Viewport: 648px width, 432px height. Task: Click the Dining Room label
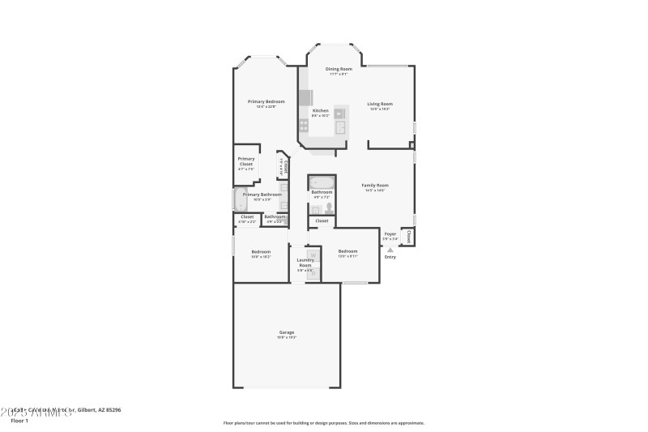point(339,69)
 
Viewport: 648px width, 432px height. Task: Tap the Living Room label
point(380,104)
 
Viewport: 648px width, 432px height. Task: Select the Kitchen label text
point(321,110)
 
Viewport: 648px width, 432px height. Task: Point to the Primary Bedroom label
point(266,101)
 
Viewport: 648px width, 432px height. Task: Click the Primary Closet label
point(246,161)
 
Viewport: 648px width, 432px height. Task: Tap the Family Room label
point(374,186)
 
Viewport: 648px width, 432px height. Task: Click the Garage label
point(287,331)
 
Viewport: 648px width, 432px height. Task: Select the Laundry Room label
point(305,263)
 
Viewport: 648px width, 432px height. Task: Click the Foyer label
point(390,233)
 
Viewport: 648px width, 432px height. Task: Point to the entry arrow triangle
point(390,250)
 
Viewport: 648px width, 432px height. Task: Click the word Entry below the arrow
point(390,257)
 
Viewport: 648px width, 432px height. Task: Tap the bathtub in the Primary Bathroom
point(240,199)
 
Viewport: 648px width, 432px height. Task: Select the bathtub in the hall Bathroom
point(322,182)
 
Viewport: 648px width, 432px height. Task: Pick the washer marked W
point(312,255)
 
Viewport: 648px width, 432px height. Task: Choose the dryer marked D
point(312,271)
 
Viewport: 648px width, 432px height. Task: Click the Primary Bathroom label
point(262,195)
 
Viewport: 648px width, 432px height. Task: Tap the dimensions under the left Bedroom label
point(260,256)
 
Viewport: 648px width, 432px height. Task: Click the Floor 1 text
point(19,421)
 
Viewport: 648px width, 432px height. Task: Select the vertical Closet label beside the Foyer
point(408,237)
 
